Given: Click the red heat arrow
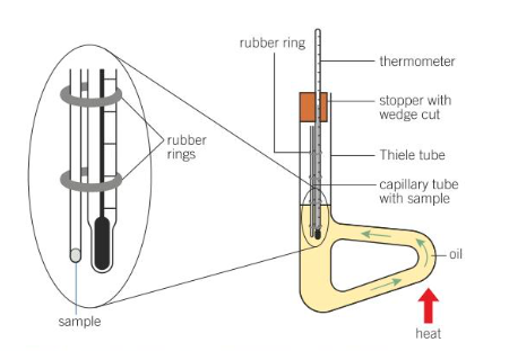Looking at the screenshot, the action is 429,306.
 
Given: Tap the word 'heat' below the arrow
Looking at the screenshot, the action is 428,334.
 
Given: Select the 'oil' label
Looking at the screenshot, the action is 456,255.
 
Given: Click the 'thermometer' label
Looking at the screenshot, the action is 417,61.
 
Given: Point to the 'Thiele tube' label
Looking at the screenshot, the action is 412,155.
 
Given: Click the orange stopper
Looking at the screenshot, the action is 313,107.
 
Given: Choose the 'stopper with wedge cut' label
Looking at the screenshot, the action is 415,107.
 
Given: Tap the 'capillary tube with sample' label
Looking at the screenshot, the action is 419,192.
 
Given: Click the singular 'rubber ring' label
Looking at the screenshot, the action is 272,43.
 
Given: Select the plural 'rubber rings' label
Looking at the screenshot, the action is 186,147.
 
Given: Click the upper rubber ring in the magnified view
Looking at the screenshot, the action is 91,95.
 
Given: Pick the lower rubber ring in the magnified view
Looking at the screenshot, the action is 91,181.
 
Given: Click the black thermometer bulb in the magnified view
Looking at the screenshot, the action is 102,243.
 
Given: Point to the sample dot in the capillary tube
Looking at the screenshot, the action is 75,255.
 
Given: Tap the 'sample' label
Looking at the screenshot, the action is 80,321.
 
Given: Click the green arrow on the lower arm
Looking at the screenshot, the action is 386,284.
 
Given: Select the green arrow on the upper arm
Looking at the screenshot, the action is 377,234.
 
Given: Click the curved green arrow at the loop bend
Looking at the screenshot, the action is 423,252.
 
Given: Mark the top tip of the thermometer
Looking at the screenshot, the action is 317,29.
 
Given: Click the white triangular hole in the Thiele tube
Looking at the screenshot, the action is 373,265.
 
